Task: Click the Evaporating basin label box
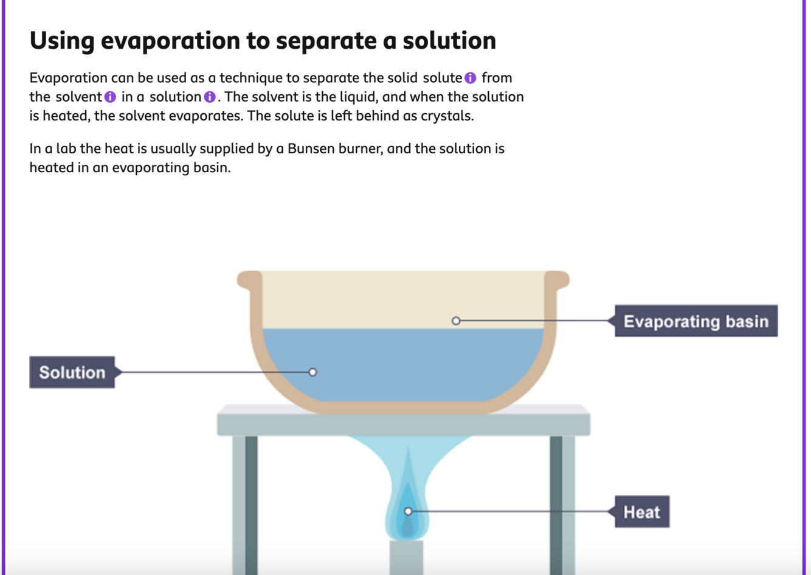(695, 321)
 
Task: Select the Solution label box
(72, 372)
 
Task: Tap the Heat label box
(641, 512)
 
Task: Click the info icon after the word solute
(470, 78)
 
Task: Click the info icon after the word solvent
(110, 97)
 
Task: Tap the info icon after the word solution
(210, 97)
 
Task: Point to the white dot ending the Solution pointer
(312, 372)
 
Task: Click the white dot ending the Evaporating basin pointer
(456, 321)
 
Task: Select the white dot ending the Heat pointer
(408, 512)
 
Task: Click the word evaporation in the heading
(170, 41)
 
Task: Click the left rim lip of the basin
(247, 280)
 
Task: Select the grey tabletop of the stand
(403, 423)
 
